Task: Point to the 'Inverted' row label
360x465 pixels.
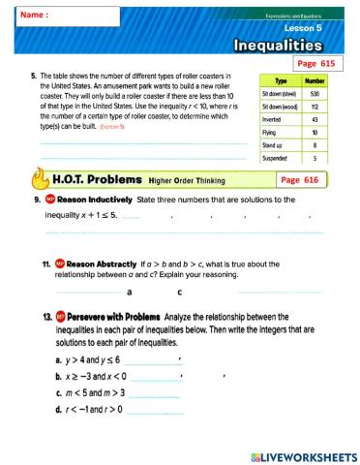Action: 275,121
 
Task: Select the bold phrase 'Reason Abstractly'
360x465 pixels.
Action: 100,263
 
